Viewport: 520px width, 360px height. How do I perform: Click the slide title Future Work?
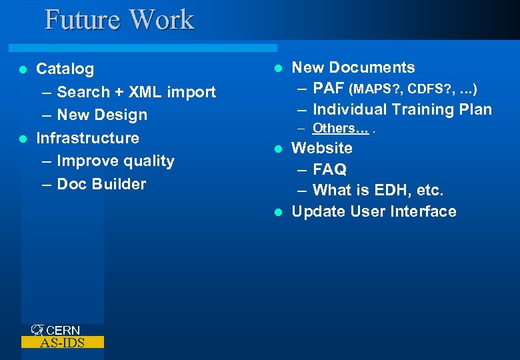click(x=119, y=19)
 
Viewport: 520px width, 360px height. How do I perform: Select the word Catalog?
click(x=65, y=69)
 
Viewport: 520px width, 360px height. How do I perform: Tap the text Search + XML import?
click(x=136, y=92)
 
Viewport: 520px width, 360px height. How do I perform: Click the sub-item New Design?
click(x=102, y=115)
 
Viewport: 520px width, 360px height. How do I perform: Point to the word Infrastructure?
click(x=87, y=138)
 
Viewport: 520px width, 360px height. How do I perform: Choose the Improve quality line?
click(x=115, y=161)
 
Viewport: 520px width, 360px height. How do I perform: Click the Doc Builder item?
click(x=101, y=184)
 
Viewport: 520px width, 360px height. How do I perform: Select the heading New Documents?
click(x=353, y=67)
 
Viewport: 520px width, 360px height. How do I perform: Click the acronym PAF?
click(x=329, y=88)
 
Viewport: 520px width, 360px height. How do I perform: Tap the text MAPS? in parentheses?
click(x=378, y=89)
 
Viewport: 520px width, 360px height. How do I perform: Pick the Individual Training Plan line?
click(x=402, y=109)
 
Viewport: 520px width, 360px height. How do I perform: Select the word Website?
click(x=322, y=147)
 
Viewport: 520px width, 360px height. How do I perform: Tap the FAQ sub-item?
click(x=329, y=169)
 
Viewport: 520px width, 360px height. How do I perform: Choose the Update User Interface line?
click(x=374, y=211)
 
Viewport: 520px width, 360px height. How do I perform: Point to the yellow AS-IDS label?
click(x=63, y=343)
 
